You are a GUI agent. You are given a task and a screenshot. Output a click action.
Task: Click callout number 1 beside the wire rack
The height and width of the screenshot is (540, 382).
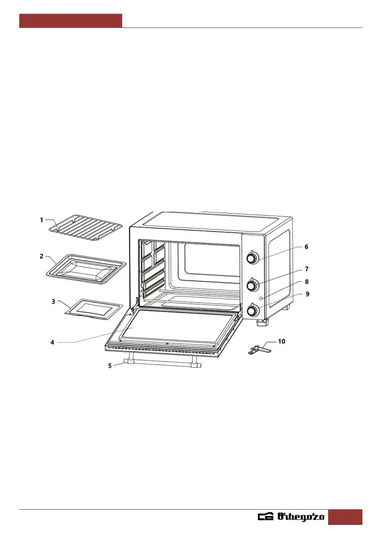[41, 220]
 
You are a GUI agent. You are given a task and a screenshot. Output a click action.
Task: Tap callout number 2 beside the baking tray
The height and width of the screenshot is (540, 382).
[42, 256]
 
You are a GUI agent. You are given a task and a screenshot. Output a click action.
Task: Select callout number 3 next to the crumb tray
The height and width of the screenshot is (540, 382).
[53, 301]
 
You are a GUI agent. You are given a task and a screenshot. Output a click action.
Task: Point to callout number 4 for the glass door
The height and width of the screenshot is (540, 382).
[52, 342]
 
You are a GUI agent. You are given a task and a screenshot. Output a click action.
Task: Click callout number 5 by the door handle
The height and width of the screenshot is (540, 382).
[110, 366]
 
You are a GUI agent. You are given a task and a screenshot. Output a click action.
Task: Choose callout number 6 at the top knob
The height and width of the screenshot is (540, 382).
[306, 247]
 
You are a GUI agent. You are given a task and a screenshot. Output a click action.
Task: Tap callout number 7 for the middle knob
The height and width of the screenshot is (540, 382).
[307, 269]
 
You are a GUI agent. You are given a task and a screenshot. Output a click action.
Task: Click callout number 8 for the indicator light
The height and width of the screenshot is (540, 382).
[307, 282]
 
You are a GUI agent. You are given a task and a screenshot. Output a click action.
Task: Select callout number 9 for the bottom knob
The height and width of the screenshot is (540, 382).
[308, 294]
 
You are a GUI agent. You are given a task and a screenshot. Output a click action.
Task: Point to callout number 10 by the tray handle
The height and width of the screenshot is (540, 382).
[282, 342]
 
